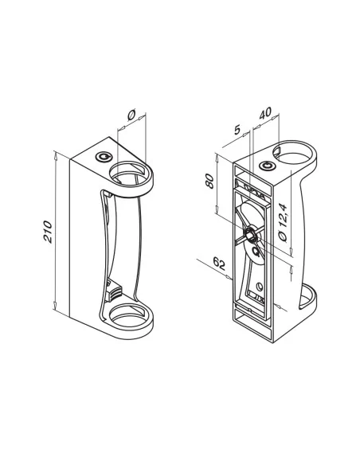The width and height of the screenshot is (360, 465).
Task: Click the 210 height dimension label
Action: click(x=48, y=232)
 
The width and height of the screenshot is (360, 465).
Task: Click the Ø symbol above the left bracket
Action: click(x=131, y=115)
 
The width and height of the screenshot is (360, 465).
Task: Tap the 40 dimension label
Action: click(x=264, y=113)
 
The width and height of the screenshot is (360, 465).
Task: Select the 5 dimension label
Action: click(x=237, y=129)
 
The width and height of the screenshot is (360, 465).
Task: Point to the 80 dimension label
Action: click(x=209, y=182)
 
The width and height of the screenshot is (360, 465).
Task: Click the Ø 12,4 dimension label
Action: click(x=283, y=223)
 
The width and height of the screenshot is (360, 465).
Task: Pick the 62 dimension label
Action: click(x=219, y=264)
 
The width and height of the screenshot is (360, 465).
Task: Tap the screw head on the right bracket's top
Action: click(x=267, y=166)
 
